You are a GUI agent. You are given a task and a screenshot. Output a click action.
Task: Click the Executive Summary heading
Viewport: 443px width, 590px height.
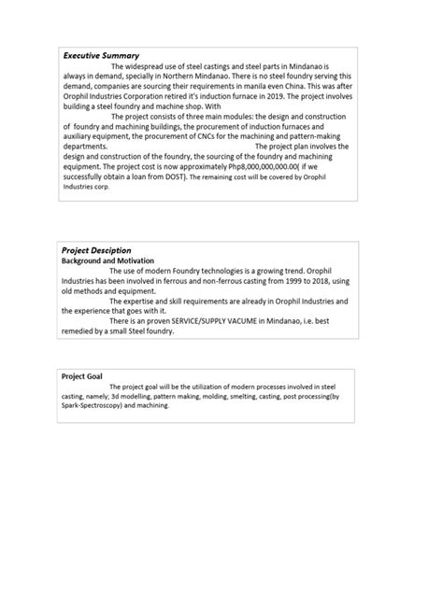point(100,56)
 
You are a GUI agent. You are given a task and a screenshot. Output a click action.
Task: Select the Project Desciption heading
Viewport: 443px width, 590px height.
point(96,250)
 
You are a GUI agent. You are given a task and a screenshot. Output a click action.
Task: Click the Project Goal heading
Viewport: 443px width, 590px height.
point(82,375)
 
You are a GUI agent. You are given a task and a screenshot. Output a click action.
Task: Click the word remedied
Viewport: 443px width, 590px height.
point(80,330)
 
